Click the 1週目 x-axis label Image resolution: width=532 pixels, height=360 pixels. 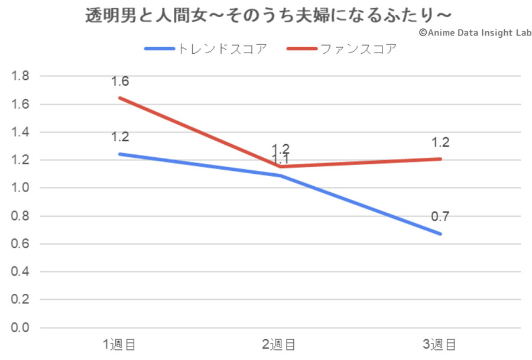click(120, 344)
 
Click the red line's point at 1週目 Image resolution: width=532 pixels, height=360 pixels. click(120, 98)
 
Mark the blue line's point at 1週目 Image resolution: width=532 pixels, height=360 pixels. click(120, 154)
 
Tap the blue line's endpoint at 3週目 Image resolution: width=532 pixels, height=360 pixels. click(440, 233)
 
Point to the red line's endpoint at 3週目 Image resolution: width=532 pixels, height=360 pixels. click(440, 158)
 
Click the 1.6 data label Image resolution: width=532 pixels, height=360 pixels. click(120, 82)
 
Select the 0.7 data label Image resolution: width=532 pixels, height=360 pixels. click(440, 216)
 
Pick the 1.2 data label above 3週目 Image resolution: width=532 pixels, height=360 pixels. click(440, 142)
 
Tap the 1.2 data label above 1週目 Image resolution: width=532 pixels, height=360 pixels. click(120, 137)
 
